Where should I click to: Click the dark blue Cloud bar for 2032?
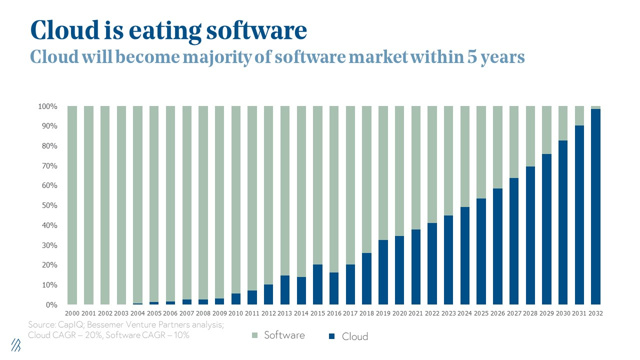click(x=595, y=206)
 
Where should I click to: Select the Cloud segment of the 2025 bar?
click(x=480, y=251)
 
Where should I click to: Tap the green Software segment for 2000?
click(x=72, y=205)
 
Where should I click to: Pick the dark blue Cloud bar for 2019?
click(x=382, y=272)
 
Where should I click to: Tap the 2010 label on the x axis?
click(x=236, y=313)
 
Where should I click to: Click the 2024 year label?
click(x=464, y=313)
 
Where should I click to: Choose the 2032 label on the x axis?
click(x=595, y=313)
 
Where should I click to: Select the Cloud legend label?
click(x=354, y=336)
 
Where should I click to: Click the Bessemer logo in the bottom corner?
click(x=16, y=345)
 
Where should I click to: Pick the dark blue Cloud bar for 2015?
click(x=317, y=284)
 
